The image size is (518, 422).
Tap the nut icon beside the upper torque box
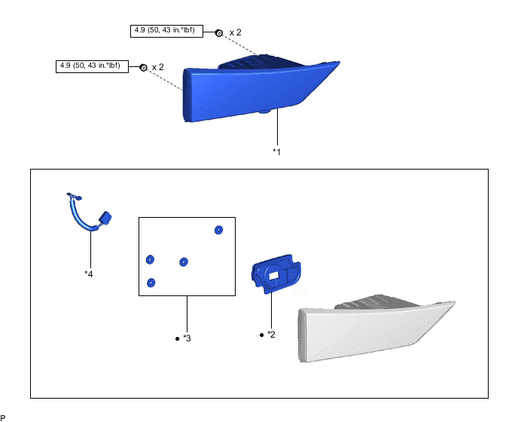click(x=219, y=33)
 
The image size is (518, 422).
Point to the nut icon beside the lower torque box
click(x=143, y=68)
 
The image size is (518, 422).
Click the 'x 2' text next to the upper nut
click(x=236, y=32)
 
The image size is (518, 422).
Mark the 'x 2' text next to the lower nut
click(x=158, y=67)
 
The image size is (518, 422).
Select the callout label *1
click(x=277, y=151)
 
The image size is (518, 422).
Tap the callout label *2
click(x=272, y=334)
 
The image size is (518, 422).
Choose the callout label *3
click(x=187, y=338)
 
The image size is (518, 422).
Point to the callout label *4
click(x=89, y=274)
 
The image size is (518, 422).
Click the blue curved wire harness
click(x=83, y=216)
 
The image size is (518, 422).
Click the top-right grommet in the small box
click(x=219, y=230)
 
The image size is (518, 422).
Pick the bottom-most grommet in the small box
click(x=151, y=283)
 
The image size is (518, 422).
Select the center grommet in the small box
click(x=183, y=261)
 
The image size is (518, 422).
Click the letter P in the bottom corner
click(x=3, y=417)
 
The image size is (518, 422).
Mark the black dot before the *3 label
click(x=176, y=338)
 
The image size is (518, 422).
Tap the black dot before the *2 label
click(x=261, y=334)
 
